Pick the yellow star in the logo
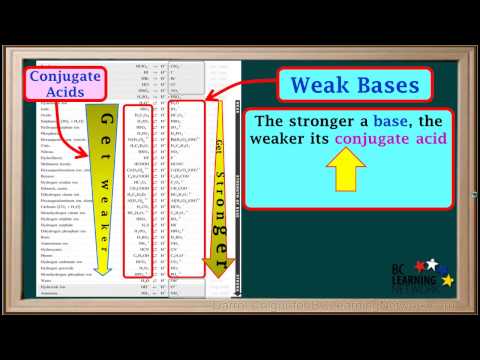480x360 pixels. [447, 279]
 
